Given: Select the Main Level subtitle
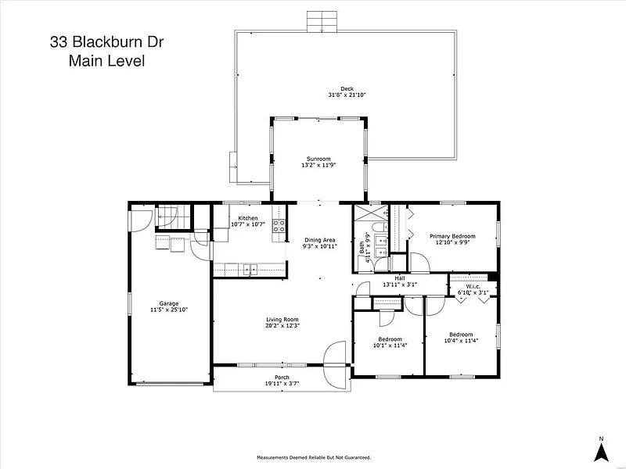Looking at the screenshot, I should pyautogui.click(x=108, y=60).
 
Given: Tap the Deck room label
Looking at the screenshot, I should pyautogui.click(x=347, y=88).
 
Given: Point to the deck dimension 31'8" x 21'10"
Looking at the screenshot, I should pyautogui.click(x=347, y=95).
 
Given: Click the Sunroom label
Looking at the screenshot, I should pyautogui.click(x=318, y=159).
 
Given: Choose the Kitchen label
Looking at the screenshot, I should pyautogui.click(x=248, y=218).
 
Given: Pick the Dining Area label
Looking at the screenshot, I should pyautogui.click(x=319, y=240).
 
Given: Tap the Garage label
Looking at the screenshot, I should pyautogui.click(x=169, y=303).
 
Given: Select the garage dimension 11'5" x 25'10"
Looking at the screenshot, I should pyautogui.click(x=169, y=310).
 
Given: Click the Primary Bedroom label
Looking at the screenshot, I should pyautogui.click(x=452, y=235).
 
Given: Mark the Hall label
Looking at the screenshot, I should pyautogui.click(x=399, y=278).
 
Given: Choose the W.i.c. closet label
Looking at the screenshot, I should pyautogui.click(x=473, y=286).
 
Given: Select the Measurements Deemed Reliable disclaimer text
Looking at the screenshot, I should pyautogui.click(x=313, y=457).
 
